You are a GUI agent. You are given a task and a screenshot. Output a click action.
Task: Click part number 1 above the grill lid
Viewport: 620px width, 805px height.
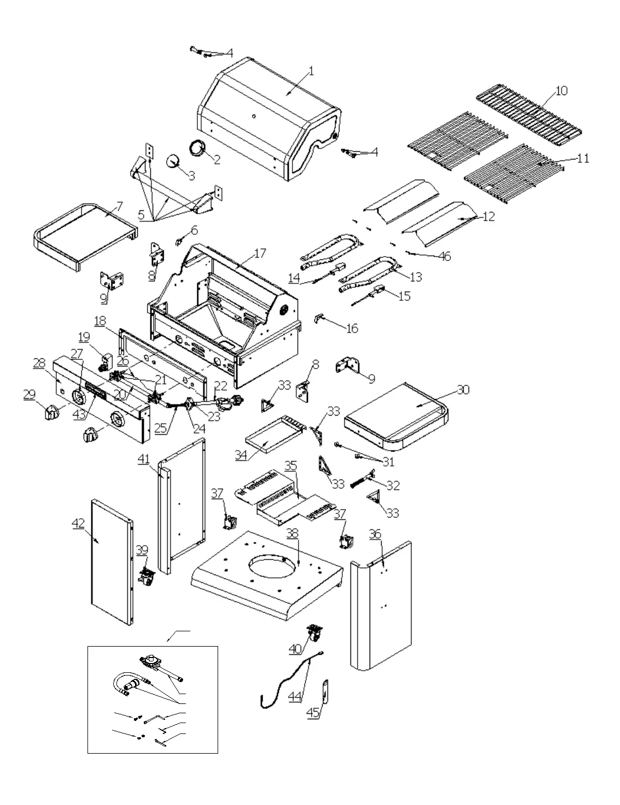click(311, 71)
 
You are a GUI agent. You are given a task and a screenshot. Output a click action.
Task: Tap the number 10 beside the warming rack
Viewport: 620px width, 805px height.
click(561, 91)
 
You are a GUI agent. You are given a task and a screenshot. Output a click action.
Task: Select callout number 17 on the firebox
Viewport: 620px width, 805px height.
click(260, 253)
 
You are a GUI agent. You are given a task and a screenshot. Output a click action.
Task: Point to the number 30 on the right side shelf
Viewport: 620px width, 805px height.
click(463, 390)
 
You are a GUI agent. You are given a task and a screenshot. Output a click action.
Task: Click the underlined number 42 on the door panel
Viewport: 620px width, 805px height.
click(78, 523)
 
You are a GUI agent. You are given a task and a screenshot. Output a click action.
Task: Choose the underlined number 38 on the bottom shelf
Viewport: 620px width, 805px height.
click(293, 533)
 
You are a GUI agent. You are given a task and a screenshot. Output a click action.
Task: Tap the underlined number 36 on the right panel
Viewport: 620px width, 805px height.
click(375, 534)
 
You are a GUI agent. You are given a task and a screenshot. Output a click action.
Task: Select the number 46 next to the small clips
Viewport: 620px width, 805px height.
click(445, 256)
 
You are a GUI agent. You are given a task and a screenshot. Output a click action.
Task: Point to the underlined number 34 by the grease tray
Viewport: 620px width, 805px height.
click(241, 454)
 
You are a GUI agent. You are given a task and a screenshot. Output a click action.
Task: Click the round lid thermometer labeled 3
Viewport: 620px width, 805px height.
click(174, 160)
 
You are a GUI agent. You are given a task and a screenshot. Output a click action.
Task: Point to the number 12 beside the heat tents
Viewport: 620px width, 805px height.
click(488, 216)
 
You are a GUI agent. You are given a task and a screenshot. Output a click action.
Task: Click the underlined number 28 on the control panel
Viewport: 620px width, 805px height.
click(39, 363)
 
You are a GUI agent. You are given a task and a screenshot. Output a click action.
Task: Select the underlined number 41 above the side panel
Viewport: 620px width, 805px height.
click(143, 460)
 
